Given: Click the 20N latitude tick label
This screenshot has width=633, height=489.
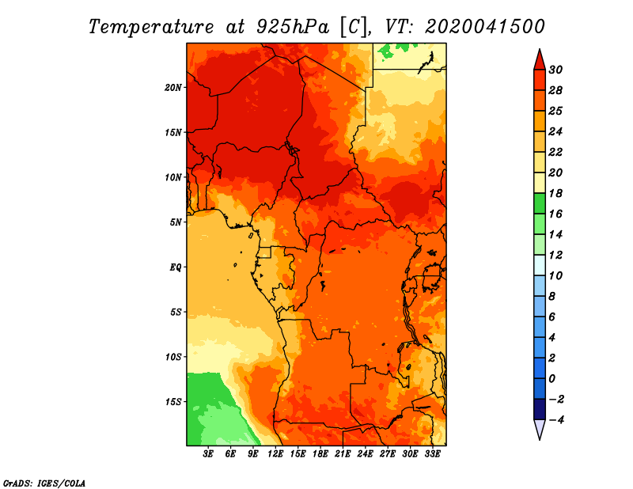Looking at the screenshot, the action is tap(173, 88).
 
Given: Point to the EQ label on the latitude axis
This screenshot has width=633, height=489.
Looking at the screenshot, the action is tap(175, 267).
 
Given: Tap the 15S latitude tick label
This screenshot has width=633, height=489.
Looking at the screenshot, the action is tap(173, 402).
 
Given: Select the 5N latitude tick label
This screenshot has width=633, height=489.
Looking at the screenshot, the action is tap(176, 222).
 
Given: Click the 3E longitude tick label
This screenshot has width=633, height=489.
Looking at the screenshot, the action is tap(208, 453).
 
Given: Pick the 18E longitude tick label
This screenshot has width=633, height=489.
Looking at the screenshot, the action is tap(320, 453).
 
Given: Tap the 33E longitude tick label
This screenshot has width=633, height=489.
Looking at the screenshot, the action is tap(432, 453).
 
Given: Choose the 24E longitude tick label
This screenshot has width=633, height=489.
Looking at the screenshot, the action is tap(365, 453).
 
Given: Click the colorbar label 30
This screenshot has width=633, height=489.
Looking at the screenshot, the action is tap(555, 70).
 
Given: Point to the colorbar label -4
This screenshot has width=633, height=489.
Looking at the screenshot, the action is tap(556, 420).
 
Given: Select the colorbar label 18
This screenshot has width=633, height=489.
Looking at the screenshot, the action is tap(555, 193).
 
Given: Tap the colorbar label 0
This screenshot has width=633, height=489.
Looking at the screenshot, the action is tap(552, 379).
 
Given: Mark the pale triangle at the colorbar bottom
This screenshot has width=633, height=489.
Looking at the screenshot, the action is tap(540, 428).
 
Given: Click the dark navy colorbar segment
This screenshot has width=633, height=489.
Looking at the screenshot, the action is tap(540, 409).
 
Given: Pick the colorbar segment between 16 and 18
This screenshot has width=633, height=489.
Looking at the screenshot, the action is tap(540, 203).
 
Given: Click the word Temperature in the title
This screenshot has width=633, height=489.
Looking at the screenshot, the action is tap(151, 27).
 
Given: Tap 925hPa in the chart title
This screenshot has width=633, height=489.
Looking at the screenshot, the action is tap(292, 27).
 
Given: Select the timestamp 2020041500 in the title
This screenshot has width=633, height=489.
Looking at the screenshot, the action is tap(484, 27).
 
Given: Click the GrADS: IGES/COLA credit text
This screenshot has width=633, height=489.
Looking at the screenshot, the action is tap(44, 483).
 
